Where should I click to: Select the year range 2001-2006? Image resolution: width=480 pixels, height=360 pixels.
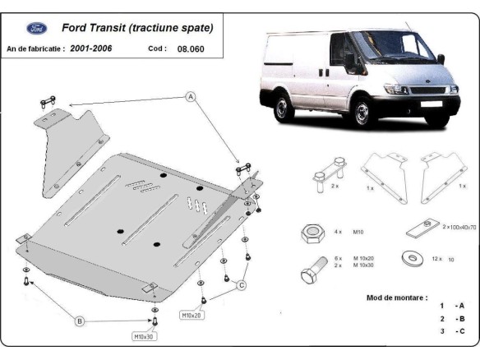pos(90,48)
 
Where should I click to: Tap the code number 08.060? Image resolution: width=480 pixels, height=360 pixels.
pos(190,48)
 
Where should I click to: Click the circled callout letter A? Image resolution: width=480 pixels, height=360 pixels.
pos(191,97)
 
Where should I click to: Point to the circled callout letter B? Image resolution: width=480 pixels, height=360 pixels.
pos(80,321)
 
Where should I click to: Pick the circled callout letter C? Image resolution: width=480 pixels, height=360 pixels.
pos(242,285)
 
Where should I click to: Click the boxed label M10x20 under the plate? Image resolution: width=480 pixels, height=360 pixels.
pos(192,315)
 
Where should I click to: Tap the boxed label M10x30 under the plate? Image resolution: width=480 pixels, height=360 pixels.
pos(145,336)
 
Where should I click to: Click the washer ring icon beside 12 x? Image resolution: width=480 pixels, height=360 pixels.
pos(408,258)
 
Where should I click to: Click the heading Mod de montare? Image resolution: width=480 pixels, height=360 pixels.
pos(396,297)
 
